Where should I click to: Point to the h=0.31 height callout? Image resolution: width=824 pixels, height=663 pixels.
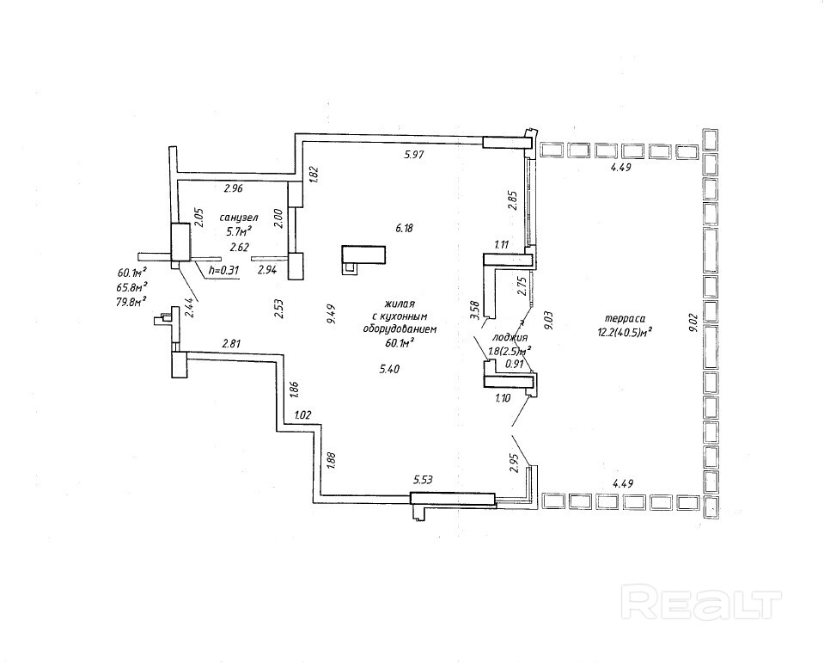[223, 270]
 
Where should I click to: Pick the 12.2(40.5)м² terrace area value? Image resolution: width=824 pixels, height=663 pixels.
[625, 330]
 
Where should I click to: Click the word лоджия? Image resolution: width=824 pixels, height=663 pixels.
[510, 338]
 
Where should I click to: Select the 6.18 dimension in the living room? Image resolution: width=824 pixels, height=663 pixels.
[404, 228]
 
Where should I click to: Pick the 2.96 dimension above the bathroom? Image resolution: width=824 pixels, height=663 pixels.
[234, 187]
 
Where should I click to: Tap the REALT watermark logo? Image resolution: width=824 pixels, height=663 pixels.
[701, 599]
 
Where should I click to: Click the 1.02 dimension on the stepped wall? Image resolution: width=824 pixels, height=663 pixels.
[302, 416]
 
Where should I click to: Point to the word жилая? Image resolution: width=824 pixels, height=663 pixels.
[400, 303]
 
